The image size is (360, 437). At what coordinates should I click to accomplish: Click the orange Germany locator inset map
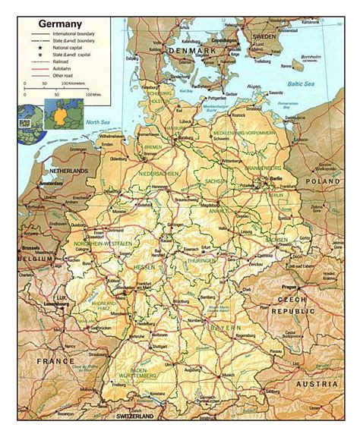pos(58,114)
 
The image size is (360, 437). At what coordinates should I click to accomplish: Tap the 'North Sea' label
pos(96,122)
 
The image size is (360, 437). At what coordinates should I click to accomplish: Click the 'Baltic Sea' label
pos(301,86)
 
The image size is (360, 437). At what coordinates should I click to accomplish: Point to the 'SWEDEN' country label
pos(264,36)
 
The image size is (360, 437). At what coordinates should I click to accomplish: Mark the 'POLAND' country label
pos(321,182)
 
